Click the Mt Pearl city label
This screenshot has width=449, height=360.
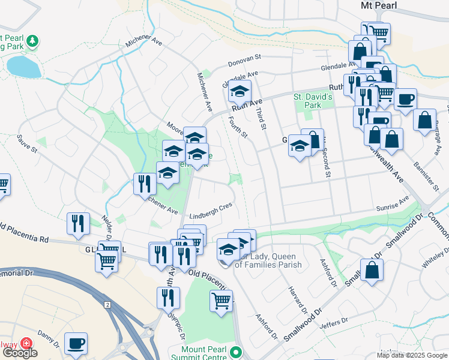(380, 5)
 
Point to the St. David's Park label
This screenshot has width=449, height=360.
(312, 101)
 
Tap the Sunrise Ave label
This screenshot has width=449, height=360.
(392, 206)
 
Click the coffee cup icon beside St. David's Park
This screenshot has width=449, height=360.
(406, 98)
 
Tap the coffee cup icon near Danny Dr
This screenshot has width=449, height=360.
(76, 343)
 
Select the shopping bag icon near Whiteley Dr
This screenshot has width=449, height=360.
(372, 270)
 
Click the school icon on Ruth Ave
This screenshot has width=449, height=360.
(239, 92)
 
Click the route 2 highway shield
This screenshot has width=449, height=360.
(107, 304)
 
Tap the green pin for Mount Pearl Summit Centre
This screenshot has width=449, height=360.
(237, 352)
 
